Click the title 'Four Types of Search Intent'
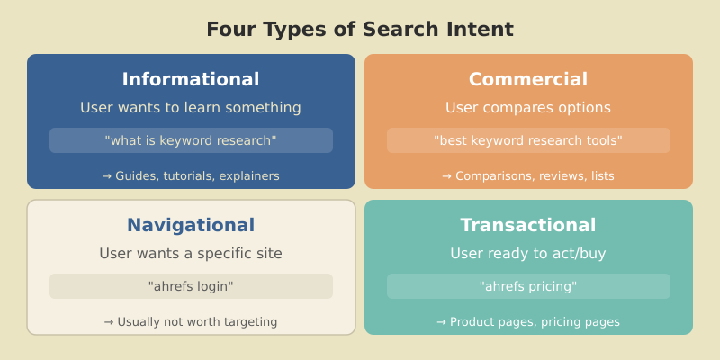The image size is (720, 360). pyautogui.click(x=360, y=30)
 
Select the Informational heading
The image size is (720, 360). pyautogui.click(x=191, y=79)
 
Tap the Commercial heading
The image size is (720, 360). pyautogui.click(x=528, y=79)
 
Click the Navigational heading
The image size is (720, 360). pyautogui.click(x=191, y=225)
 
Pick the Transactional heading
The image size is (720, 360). pyautogui.click(x=528, y=225)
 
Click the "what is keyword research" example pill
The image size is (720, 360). pyautogui.click(x=191, y=140)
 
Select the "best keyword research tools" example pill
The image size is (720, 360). pyautogui.click(x=528, y=140)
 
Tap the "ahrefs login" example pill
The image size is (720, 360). pyautogui.click(x=191, y=286)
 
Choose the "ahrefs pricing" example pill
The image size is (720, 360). pyautogui.click(x=528, y=286)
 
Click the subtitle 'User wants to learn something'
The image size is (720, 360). pyautogui.click(x=191, y=108)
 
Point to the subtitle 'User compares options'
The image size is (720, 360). pyautogui.click(x=528, y=108)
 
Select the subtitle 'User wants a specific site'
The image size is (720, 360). pyautogui.click(x=191, y=254)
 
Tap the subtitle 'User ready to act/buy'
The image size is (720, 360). pyautogui.click(x=528, y=254)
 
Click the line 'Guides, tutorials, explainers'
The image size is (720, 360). pyautogui.click(x=197, y=176)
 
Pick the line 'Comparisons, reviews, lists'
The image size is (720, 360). pyautogui.click(x=535, y=176)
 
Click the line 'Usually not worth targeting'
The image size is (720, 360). pyautogui.click(x=197, y=322)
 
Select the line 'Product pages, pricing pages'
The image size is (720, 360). pyautogui.click(x=535, y=322)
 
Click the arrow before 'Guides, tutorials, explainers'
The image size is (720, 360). pyautogui.click(x=107, y=176)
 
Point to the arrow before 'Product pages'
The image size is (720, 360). pyautogui.click(x=442, y=322)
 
